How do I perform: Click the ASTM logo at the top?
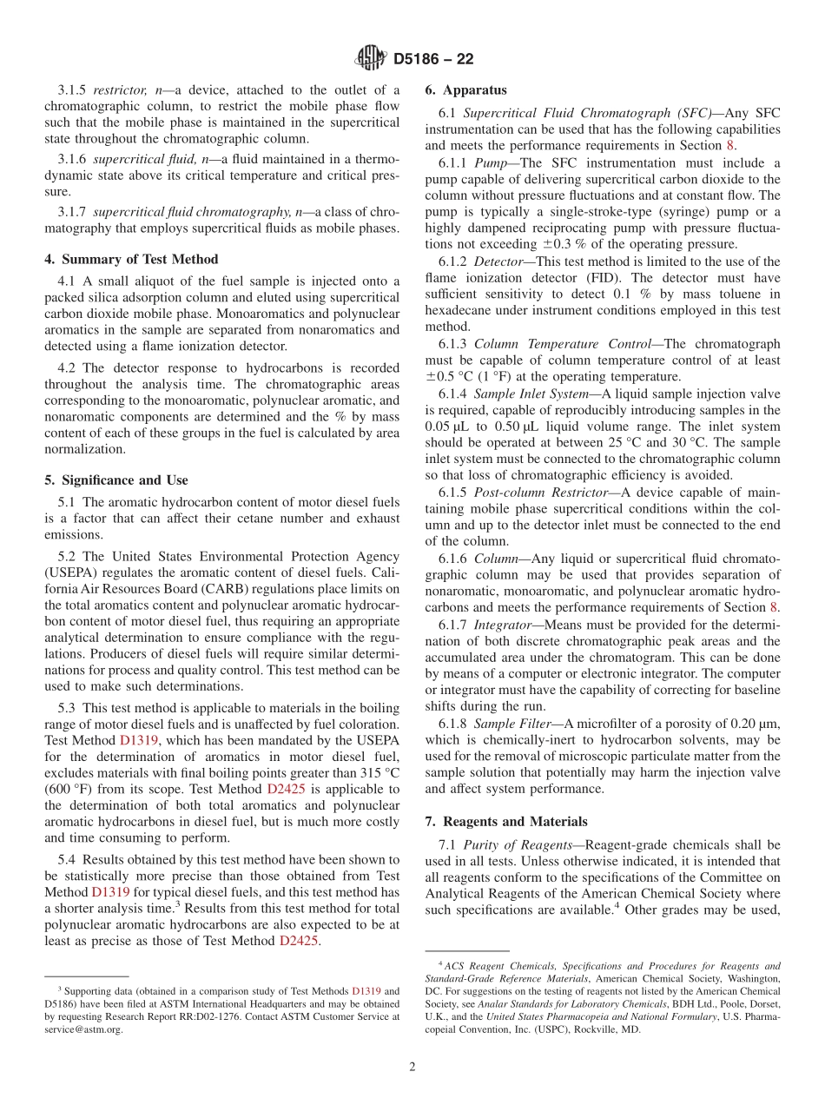[x=371, y=59]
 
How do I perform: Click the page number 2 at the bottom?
[x=412, y=1067]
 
